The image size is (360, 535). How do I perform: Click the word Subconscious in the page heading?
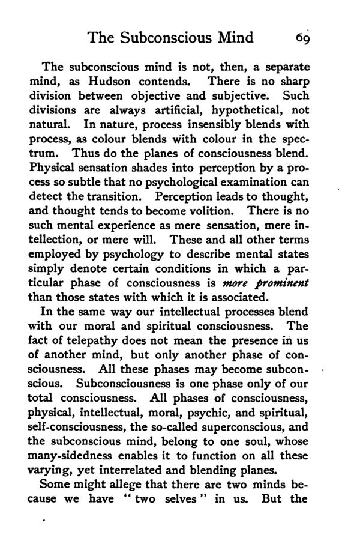click(171, 38)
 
